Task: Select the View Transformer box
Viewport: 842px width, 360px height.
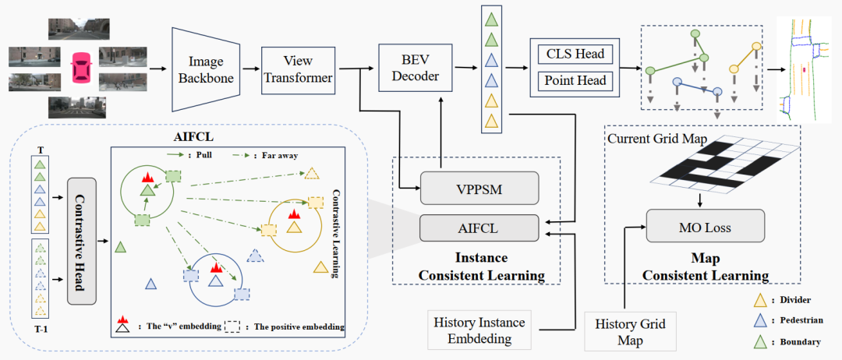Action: (x=298, y=70)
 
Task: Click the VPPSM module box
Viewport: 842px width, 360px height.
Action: (x=479, y=189)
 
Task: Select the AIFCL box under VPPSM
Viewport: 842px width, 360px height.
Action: (x=479, y=228)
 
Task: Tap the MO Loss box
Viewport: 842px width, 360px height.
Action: (x=702, y=228)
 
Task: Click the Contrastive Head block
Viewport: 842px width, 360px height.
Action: (x=81, y=241)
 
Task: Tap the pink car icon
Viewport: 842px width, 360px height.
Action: (x=80, y=68)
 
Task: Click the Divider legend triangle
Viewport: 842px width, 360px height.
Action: (x=762, y=298)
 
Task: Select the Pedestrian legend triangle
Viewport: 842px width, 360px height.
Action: (x=762, y=319)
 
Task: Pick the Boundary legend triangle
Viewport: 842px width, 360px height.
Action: (x=762, y=340)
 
